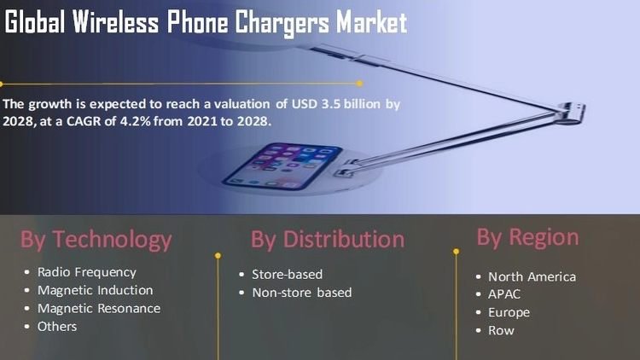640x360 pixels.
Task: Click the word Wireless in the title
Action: click(x=115, y=21)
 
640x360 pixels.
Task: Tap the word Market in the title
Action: click(x=371, y=22)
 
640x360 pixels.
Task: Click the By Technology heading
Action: click(x=96, y=240)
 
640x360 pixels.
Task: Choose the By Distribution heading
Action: click(x=328, y=239)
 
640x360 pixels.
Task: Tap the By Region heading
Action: click(x=527, y=237)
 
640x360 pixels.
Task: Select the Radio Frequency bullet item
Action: click(x=86, y=272)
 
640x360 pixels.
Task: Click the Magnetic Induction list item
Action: click(x=95, y=290)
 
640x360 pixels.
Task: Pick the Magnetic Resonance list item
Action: click(x=99, y=309)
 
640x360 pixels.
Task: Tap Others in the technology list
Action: click(x=57, y=327)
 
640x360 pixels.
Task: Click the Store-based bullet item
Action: click(x=287, y=275)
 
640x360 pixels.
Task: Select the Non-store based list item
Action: click(x=301, y=293)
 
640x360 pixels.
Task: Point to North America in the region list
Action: click(x=532, y=276)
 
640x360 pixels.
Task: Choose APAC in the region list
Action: click(x=504, y=294)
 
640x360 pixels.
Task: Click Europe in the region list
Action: click(x=509, y=312)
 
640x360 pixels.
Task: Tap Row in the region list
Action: click(x=501, y=331)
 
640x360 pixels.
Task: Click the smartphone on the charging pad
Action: click(x=282, y=165)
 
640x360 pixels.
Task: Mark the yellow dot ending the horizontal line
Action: click(x=359, y=84)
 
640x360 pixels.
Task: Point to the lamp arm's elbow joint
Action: click(x=571, y=113)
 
